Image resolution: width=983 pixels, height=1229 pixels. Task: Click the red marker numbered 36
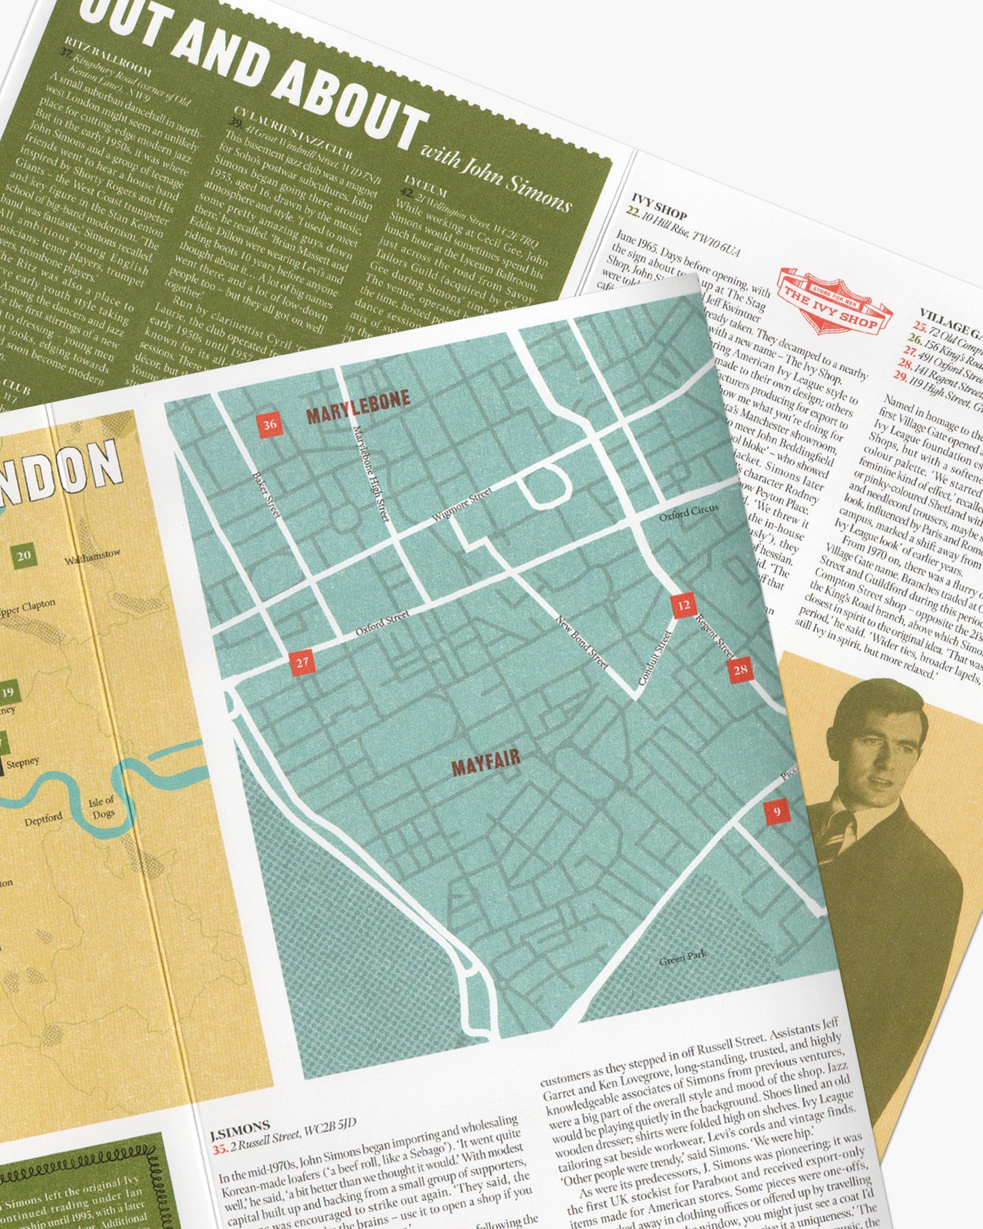point(270,425)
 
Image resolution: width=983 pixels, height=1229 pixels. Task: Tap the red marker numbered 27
point(302,661)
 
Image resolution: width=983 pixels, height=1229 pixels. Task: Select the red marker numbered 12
point(684,605)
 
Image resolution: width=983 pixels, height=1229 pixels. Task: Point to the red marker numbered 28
point(740,670)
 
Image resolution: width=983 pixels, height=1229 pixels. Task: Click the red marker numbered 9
point(776,811)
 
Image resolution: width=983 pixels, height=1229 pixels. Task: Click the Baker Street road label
point(265,494)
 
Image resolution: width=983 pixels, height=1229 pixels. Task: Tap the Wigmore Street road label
point(462,506)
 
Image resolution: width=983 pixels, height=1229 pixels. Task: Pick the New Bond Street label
point(582,642)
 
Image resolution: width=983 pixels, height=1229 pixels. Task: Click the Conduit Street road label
point(655,657)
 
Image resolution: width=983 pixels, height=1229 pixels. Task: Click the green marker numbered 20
point(24,556)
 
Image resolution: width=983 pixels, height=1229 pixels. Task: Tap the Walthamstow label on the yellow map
point(93,558)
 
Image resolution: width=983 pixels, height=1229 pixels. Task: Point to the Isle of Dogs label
point(102,808)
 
